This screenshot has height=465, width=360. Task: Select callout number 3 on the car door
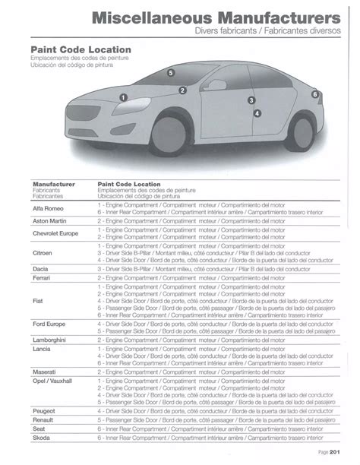click(251, 100)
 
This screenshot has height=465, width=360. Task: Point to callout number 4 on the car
click(257, 113)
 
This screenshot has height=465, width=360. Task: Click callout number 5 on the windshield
click(172, 73)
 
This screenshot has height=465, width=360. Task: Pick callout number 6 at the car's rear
click(315, 93)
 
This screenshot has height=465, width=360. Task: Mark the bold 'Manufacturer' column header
click(54, 183)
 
